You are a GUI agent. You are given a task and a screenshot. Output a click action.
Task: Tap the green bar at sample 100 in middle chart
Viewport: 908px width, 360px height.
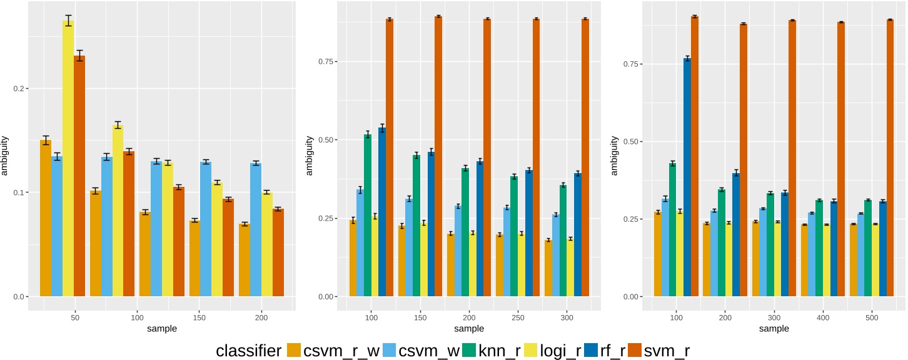(368, 216)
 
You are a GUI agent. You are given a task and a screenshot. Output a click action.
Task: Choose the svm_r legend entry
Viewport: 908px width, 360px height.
(667, 351)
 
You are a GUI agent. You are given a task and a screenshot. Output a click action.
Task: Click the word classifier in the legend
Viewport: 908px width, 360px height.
(248, 351)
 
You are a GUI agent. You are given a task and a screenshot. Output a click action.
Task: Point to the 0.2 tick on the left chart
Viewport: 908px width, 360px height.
(18, 89)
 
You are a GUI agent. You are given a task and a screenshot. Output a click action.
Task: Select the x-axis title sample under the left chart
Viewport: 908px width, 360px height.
(161, 328)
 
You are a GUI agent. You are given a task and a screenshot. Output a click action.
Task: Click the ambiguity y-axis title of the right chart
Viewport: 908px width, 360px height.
(614, 152)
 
